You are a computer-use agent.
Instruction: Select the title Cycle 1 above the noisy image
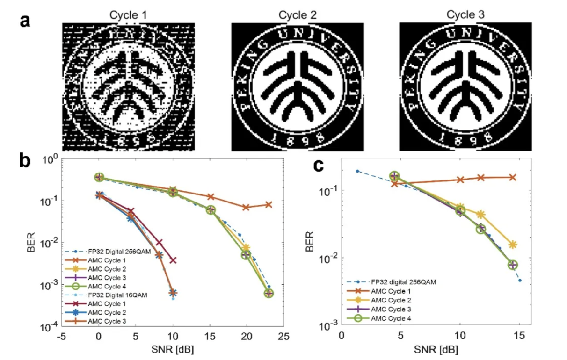pyautogui.click(x=128, y=15)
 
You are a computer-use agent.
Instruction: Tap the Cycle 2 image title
pyautogui.click(x=298, y=15)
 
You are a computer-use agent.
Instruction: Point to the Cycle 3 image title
pyautogui.click(x=466, y=15)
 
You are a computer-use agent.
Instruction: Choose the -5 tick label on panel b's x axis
pyautogui.click(x=62, y=336)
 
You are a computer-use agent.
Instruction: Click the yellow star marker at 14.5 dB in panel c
pyautogui.click(x=513, y=245)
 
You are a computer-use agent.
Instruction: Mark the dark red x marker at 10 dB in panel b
pyautogui.click(x=173, y=259)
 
